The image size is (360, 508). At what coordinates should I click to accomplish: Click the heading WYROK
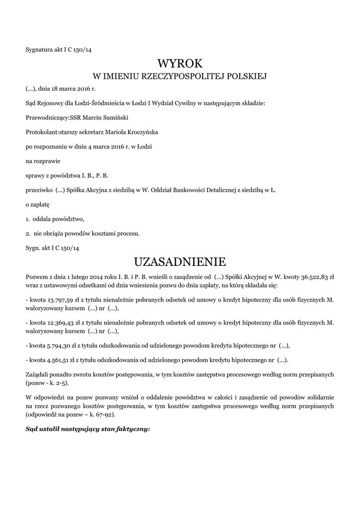point(180,63)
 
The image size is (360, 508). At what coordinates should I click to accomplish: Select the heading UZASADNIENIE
point(180,261)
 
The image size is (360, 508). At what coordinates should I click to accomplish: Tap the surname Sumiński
point(120,118)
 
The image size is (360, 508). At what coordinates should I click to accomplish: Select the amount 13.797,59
point(61,300)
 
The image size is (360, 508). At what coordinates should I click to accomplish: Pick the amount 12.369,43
point(61,323)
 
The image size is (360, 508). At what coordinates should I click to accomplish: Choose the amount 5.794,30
point(59,345)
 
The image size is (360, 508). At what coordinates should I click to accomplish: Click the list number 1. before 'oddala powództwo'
point(28,219)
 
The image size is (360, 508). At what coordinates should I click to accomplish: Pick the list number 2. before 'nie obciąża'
point(28,233)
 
